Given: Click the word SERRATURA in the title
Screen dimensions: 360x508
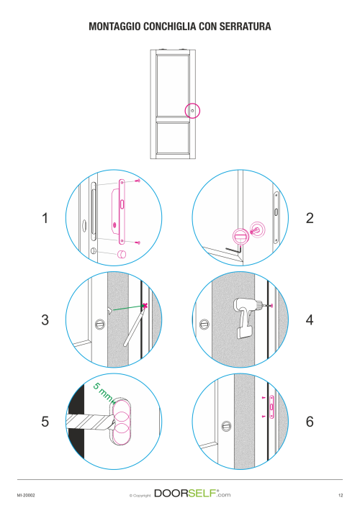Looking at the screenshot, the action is pos(246,27).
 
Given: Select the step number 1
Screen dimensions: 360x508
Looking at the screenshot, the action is pos(45,218).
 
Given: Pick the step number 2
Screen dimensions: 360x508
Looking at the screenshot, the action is pos(310,218).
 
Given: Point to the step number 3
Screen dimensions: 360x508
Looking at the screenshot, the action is pos(45,319).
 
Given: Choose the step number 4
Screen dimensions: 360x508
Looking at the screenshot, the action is pos(310,319).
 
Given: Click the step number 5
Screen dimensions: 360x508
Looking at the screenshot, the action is pos(45,422).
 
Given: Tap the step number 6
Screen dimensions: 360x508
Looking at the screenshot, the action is pos(310,422).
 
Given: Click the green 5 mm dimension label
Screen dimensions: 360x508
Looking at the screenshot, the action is pos(104,392).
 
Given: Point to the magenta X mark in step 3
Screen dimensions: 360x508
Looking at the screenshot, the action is pos(145,305).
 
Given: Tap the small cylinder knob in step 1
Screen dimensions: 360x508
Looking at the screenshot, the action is pos(122,254).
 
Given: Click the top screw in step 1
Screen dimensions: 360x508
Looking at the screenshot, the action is pos(138,180).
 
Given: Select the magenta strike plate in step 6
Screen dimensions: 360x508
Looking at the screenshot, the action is pos(271,407).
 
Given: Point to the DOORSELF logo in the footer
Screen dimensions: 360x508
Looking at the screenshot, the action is pos(192,494).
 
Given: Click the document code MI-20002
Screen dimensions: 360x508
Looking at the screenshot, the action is pos(26,495).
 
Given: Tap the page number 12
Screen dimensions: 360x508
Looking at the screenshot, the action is pos(341,495).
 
